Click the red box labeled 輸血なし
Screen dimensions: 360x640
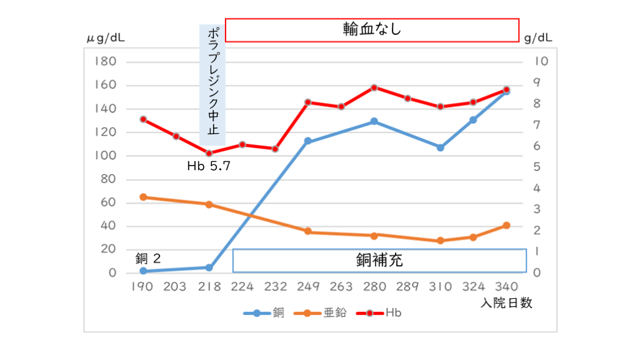[372, 29]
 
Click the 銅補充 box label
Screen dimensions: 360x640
[379, 260]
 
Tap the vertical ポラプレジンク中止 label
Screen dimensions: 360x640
[212, 84]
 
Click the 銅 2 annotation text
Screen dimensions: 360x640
[148, 257]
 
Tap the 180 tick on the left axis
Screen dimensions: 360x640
[105, 62]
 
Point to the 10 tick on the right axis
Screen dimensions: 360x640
[541, 62]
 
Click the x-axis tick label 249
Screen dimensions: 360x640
[308, 287]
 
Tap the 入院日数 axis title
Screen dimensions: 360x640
[507, 303]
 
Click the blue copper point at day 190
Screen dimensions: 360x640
[143, 271]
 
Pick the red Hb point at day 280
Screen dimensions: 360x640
[374, 87]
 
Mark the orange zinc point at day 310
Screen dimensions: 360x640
[441, 241]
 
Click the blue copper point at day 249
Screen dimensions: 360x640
[308, 141]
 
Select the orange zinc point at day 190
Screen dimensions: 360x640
[143, 197]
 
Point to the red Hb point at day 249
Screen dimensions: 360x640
[308, 102]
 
